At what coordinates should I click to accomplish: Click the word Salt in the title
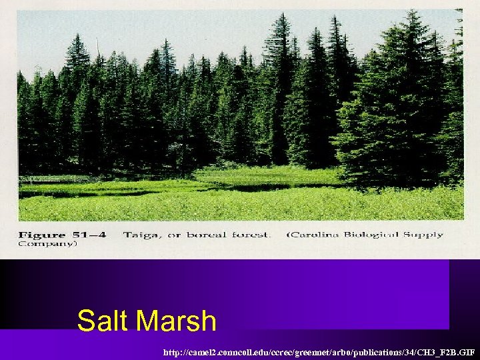103,321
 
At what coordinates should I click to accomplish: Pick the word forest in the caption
251,235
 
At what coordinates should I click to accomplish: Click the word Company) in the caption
47,244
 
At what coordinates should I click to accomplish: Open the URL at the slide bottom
321,350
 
